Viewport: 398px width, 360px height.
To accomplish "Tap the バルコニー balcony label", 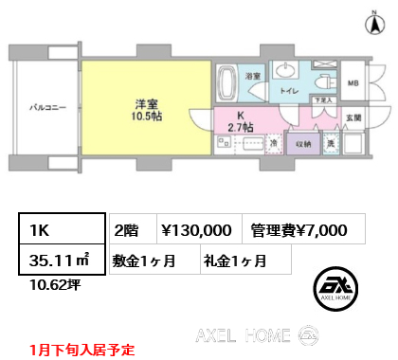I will tap(46, 107).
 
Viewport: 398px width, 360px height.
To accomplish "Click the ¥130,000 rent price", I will tap(196, 228).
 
